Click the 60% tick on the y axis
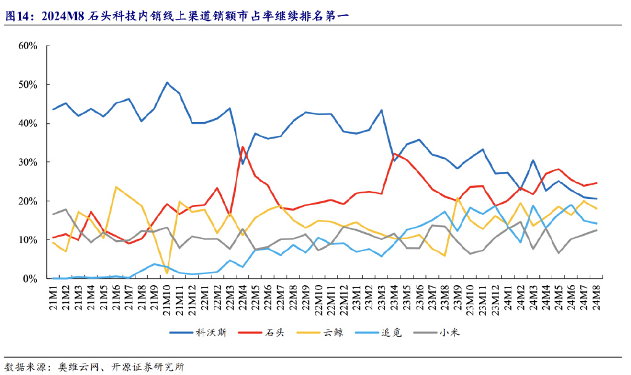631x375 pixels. click(28, 46)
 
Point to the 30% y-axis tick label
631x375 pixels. click(28, 162)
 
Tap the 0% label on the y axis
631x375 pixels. click(31, 278)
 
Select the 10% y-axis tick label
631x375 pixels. click(28, 240)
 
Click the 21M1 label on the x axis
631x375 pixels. click(55, 298)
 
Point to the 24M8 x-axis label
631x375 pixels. click(596, 298)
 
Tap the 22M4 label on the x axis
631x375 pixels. click(243, 298)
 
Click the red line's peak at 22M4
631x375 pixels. click(243, 147)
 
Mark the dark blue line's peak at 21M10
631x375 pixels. click(167, 83)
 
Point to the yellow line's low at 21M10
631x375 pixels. click(167, 273)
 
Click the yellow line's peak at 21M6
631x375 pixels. click(116, 187)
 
